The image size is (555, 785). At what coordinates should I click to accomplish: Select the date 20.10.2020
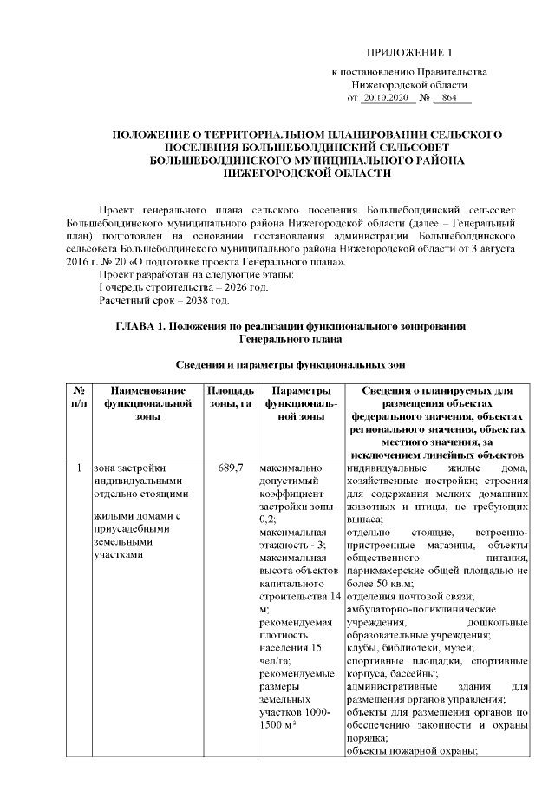pos(384,100)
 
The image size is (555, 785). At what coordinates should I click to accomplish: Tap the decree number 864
pos(449,100)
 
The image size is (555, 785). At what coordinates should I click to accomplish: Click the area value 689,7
pos(229,469)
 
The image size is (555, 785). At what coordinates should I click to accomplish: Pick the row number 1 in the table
pos(79,469)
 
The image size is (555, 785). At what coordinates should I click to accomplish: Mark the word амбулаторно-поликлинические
pos(408,611)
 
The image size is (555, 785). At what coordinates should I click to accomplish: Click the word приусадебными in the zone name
pos(129,530)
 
